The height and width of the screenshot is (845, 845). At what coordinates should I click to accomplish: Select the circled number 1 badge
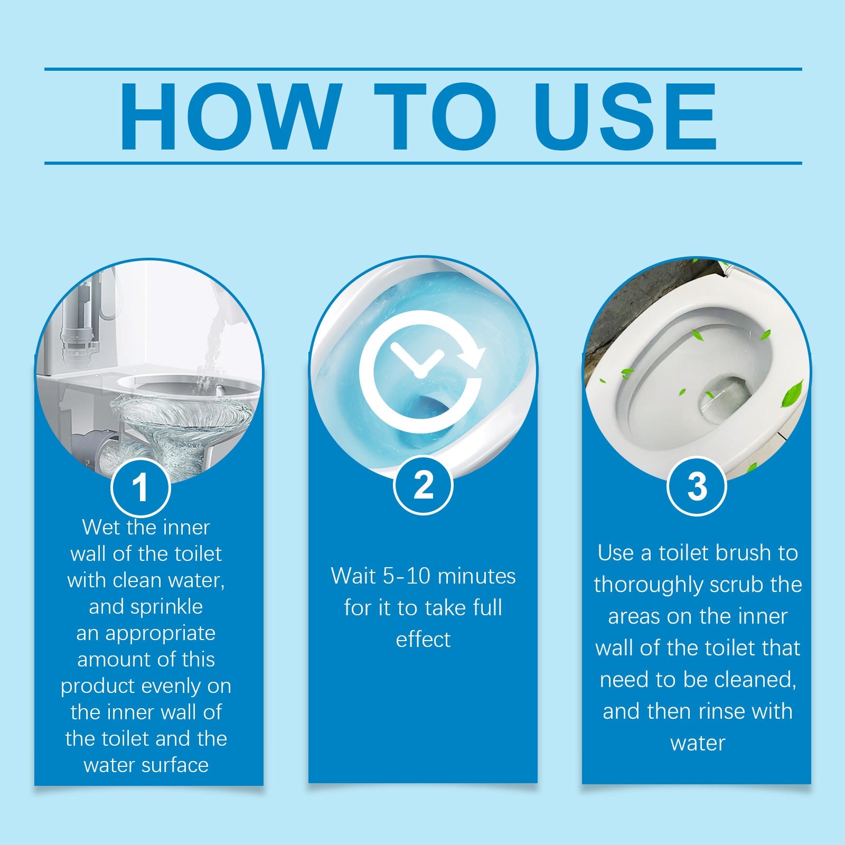click(140, 487)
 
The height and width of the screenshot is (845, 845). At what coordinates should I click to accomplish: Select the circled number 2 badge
click(423, 485)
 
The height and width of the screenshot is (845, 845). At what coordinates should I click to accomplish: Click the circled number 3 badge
click(697, 486)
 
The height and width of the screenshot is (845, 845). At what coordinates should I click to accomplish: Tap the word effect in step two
click(423, 640)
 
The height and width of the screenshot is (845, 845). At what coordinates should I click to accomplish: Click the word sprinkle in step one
click(146, 607)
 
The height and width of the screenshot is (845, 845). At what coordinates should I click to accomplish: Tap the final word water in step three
click(698, 743)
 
